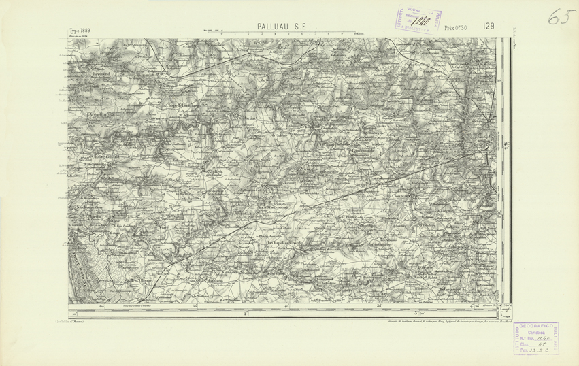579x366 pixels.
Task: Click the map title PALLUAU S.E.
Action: (x=283, y=27)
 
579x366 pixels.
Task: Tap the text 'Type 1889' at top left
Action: (x=80, y=31)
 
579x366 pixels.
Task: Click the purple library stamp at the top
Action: (x=416, y=18)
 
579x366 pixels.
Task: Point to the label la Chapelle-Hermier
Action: (x=180, y=106)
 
